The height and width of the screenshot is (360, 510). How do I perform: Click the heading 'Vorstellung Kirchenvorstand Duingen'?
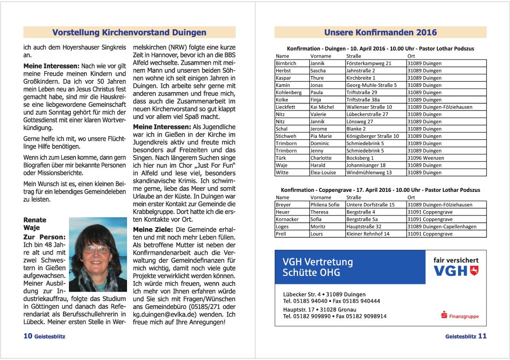129,33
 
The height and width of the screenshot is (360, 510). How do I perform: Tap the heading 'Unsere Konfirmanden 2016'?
380,33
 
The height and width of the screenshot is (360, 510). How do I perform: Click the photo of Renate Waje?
98,254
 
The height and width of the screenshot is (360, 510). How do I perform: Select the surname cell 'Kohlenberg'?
289,93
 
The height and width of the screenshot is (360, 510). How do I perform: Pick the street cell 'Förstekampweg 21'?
369,63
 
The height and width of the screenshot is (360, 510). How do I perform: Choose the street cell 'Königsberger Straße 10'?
373,136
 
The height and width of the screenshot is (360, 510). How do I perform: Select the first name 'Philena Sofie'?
325,205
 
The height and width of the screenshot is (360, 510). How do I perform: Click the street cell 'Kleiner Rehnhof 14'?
368,234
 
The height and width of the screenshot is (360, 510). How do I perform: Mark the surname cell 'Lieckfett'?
286,107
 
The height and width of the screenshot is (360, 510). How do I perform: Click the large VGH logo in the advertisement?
456,271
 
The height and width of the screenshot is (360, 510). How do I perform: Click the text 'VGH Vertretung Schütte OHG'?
317,267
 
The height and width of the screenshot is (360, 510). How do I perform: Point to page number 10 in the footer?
28,336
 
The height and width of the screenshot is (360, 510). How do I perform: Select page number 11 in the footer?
482,336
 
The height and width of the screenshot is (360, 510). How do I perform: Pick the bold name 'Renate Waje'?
35,223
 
